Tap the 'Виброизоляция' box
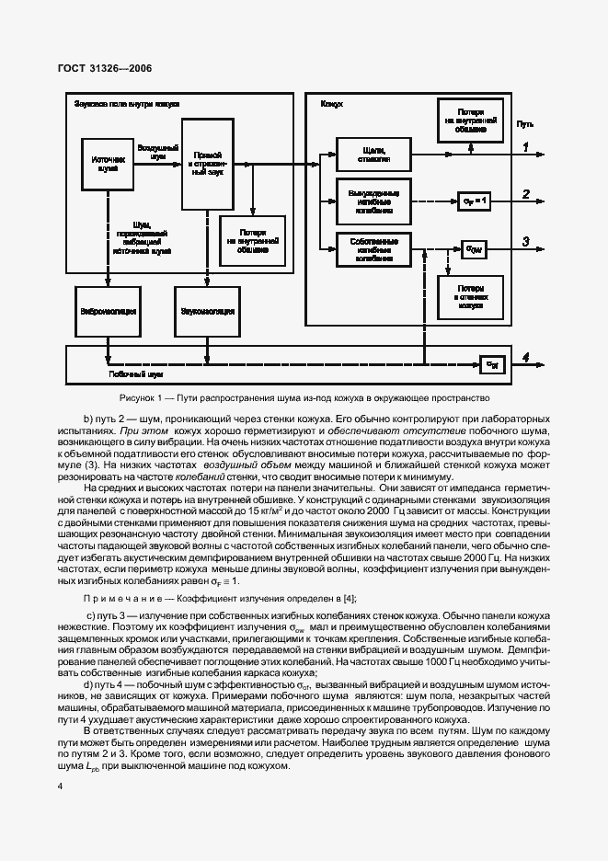tap(108, 311)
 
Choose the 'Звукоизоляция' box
tap(199, 311)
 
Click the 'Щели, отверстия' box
tap(373, 155)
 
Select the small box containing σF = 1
tap(473, 199)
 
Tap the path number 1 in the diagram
tap(525, 147)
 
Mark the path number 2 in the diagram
tap(525, 194)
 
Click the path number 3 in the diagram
tap(525, 242)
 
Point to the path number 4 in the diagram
tap(525, 357)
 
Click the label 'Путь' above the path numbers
tap(524, 124)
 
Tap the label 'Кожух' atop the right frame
tap(331, 105)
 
